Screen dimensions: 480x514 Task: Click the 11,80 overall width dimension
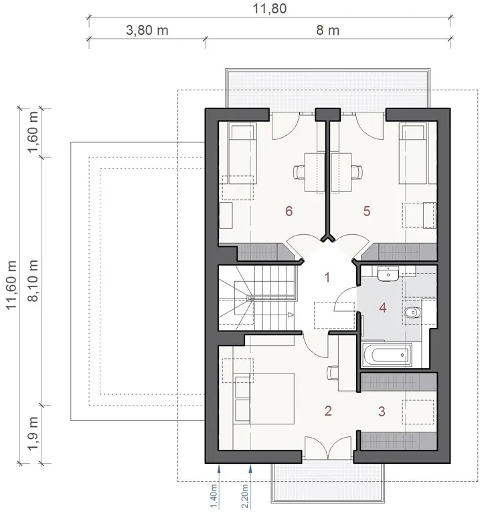(270, 9)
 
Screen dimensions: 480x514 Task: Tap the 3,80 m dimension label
(147, 31)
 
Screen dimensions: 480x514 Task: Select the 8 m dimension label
(327, 31)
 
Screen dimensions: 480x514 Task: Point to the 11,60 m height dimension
(11, 284)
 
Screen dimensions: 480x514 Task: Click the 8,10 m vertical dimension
(33, 280)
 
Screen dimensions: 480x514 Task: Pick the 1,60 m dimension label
(33, 132)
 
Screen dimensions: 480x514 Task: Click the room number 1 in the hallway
(327, 278)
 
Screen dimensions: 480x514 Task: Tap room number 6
(289, 211)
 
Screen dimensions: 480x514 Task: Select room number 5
(367, 211)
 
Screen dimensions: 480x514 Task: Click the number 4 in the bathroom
(383, 308)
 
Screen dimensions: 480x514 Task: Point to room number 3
(382, 412)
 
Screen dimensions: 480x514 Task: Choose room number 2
(328, 411)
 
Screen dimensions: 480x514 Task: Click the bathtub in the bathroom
(386, 354)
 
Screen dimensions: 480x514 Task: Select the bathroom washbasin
(388, 274)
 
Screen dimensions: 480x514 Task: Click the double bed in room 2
(264, 398)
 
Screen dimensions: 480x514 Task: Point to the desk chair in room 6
(299, 172)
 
